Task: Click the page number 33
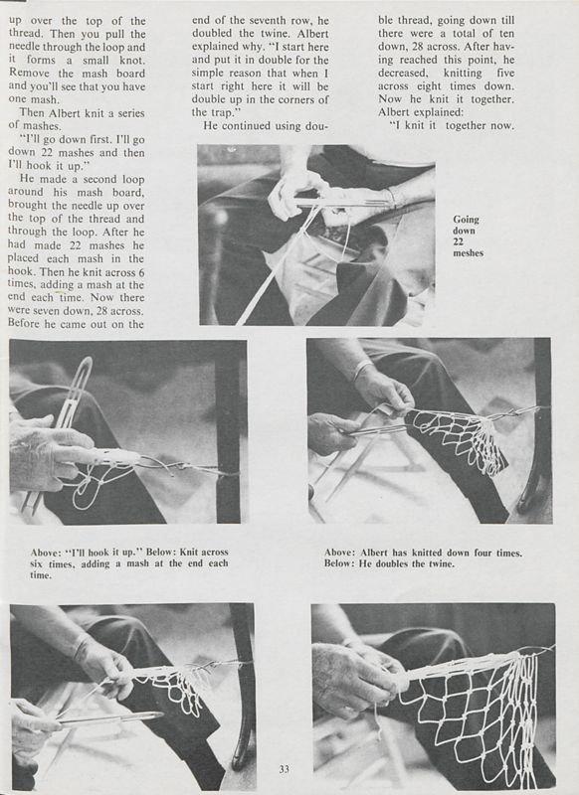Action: pyautogui.click(x=284, y=769)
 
